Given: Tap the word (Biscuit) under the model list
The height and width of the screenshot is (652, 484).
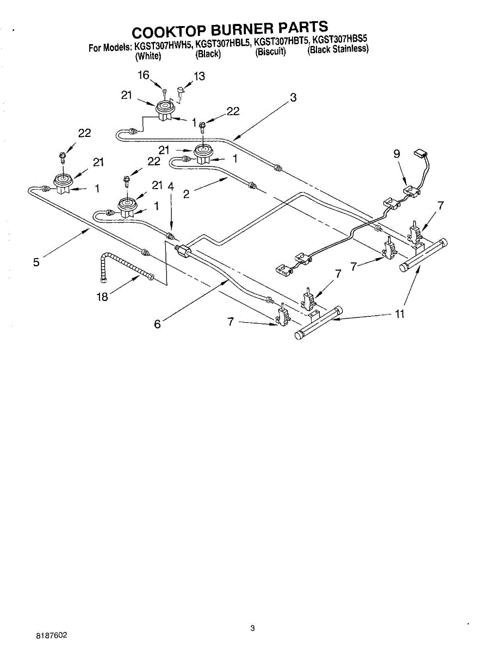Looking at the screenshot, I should (270, 53).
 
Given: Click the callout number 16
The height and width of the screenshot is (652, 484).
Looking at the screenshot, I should (143, 76).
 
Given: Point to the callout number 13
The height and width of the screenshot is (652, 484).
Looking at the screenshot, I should (200, 76).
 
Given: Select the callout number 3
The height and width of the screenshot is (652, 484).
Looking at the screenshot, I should (293, 98).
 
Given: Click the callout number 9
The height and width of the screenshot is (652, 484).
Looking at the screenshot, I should (397, 154).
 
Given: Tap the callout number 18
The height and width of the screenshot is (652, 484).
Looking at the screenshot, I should (102, 297).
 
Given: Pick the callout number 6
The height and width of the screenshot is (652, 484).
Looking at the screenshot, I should (157, 324).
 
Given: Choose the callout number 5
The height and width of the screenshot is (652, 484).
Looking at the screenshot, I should (36, 262).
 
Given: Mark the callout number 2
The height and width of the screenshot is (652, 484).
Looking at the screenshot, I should (186, 194).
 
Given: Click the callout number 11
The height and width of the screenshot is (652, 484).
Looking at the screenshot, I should (400, 314).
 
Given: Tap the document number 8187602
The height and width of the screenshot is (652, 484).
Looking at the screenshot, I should (52, 635).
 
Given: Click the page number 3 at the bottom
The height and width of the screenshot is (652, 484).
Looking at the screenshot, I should (252, 629).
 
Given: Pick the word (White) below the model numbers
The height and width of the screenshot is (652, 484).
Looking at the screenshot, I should (148, 55).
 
